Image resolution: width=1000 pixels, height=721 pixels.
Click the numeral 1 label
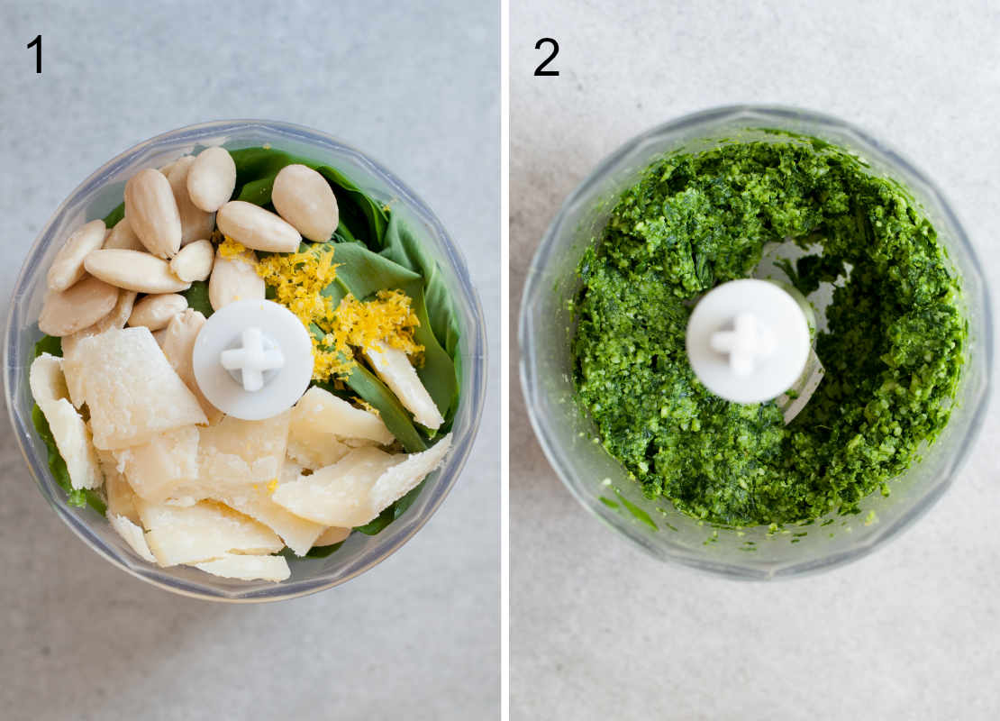[x=35, y=54]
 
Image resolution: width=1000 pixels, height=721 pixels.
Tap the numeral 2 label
[x=546, y=57]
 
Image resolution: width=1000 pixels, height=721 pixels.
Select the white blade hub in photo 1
[x=253, y=359]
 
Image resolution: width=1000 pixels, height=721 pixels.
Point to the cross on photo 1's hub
[x=252, y=359]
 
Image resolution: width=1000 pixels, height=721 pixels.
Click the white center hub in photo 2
[x=748, y=341]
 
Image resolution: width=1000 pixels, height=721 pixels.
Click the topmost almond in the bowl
[x=212, y=178]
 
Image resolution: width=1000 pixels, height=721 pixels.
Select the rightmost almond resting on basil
[x=305, y=202]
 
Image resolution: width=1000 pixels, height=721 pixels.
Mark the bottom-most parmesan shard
[x=243, y=567]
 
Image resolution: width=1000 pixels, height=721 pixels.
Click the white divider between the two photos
[x=505, y=360]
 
